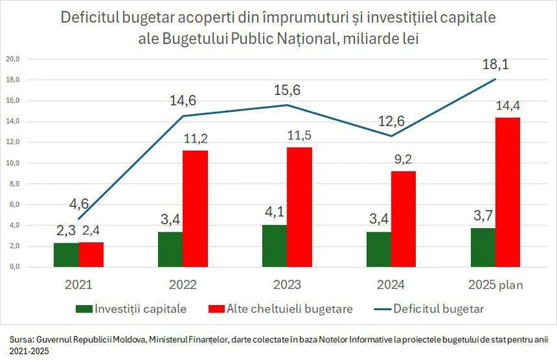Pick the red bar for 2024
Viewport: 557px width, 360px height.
click(x=403, y=219)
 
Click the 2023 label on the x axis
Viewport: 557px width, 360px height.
click(x=287, y=284)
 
